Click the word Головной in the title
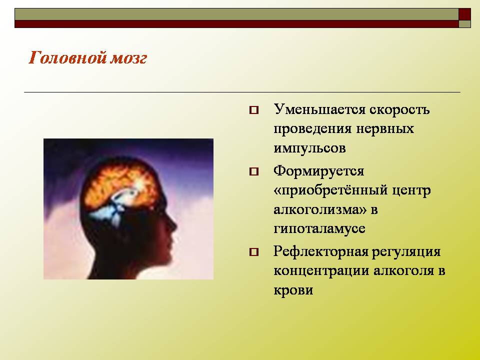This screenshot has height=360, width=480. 66,57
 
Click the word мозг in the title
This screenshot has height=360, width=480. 128,58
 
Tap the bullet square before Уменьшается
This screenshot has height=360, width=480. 254,110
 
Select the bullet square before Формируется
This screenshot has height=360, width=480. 254,171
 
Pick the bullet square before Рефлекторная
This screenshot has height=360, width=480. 254,252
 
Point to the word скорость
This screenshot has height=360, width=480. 400,110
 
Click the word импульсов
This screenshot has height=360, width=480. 309,148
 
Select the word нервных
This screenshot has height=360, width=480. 385,129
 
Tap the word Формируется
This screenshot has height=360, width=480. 318,171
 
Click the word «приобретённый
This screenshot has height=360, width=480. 330,190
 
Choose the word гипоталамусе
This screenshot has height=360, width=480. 319,229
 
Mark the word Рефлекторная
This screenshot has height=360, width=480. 321,251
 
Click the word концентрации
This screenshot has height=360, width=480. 321,271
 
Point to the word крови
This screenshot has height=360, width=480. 293,290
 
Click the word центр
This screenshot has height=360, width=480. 411,190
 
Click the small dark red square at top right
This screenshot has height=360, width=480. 464,14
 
